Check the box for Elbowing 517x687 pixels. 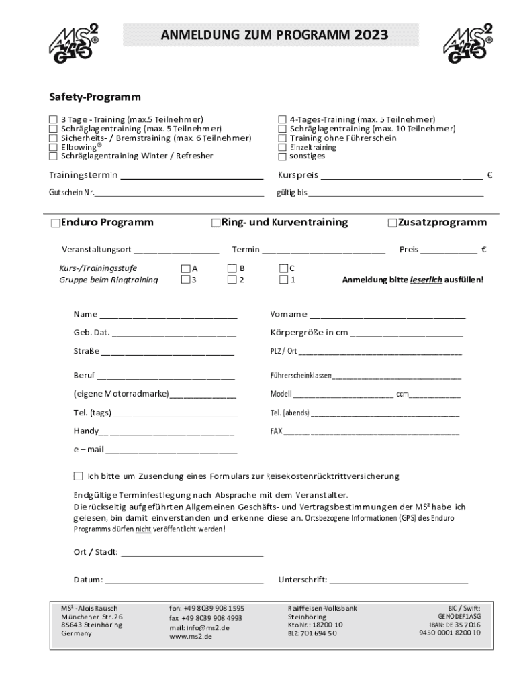[53, 147]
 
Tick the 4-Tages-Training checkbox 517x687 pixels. [283, 119]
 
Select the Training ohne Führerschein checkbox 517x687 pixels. [283, 138]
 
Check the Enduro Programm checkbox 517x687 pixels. [55, 223]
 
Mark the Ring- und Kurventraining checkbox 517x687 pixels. [216, 223]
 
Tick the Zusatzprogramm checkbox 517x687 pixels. [393, 223]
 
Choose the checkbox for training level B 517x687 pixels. [232, 268]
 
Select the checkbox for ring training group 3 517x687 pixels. [185, 280]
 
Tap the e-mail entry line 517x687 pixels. [171, 450]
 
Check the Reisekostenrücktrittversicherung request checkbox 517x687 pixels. [78, 476]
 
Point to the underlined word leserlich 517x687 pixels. [426, 280]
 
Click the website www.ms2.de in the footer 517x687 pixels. [190, 637]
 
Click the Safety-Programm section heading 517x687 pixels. [95, 97]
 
